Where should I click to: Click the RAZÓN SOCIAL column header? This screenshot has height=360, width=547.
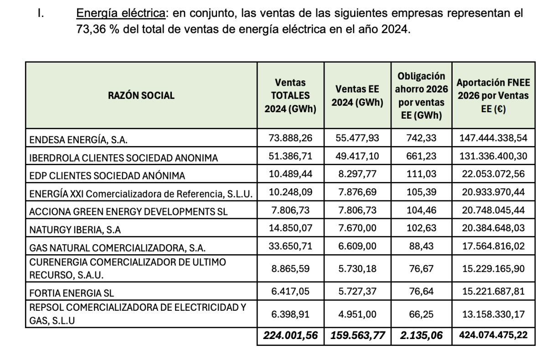tap(141, 96)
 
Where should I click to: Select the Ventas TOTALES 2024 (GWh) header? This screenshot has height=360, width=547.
tap(290, 96)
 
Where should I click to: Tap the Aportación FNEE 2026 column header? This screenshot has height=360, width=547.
tap(492, 96)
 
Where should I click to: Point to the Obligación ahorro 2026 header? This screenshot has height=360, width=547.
tap(422, 96)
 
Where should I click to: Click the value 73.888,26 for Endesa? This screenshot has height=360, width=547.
tap(290, 139)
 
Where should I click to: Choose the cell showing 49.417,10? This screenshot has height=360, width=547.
tap(356, 157)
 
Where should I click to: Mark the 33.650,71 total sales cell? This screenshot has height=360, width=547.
tap(290, 246)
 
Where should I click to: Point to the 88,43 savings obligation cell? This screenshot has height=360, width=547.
tap(422, 246)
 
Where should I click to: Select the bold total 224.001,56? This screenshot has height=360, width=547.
tap(290, 335)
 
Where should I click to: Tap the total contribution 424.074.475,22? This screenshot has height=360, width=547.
tap(492, 335)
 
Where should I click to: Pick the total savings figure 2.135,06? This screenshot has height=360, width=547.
tap(422, 335)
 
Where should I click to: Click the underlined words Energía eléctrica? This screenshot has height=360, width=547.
tap(120, 14)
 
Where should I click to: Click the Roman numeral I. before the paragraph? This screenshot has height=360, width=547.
tap(41, 14)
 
